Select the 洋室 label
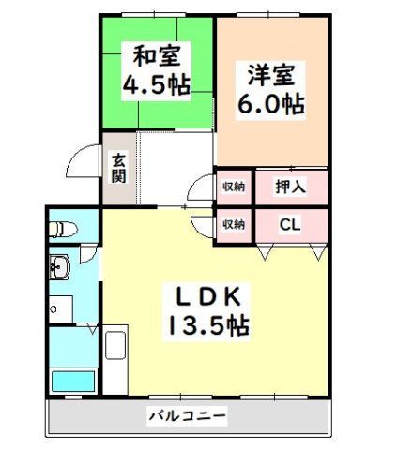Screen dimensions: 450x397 (273, 72)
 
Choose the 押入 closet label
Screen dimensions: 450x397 (290, 187)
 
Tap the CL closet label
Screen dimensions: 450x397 (290, 225)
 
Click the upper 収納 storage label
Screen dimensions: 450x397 (233, 187)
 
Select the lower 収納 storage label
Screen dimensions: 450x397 (233, 225)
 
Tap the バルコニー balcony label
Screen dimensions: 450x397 (186, 413)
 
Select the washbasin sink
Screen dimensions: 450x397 (58, 270)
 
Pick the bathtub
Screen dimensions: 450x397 (73, 381)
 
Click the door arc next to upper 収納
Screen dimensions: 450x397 (202, 187)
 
